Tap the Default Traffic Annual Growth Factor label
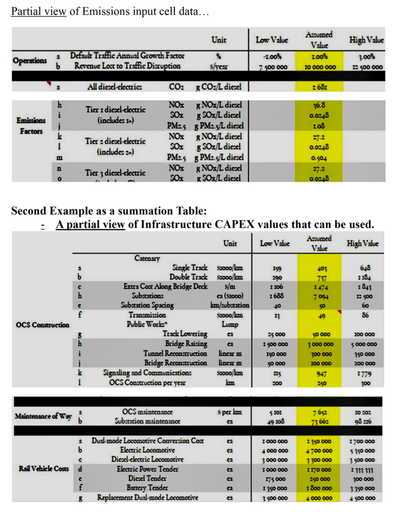127,56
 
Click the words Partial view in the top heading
38,11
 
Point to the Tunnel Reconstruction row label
174,353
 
